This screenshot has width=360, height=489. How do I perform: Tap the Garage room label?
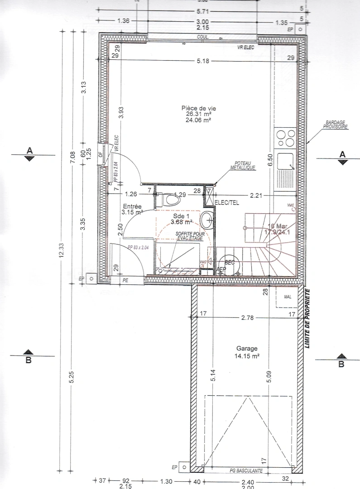click(x=247, y=349)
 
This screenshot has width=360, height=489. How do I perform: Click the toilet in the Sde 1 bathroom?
click(x=169, y=198)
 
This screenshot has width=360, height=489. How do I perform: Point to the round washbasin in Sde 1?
click(x=207, y=220)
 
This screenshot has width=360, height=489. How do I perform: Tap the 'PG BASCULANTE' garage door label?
click(x=246, y=471)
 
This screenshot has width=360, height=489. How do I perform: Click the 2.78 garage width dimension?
click(x=248, y=318)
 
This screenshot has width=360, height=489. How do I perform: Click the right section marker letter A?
click(x=342, y=154)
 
